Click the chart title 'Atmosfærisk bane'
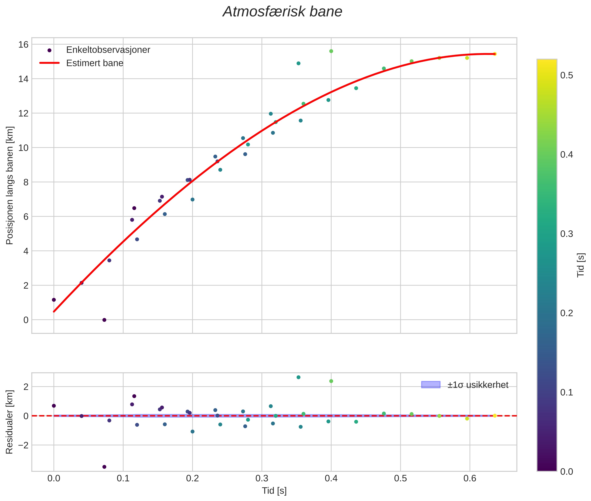coord(282,12)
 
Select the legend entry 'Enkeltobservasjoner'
coord(108,50)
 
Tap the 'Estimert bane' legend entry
coord(95,63)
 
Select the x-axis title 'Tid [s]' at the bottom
coord(274,491)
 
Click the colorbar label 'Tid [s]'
coord(581,265)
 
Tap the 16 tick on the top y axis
coord(24,45)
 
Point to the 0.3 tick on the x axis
coord(262,478)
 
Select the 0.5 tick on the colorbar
coord(566,76)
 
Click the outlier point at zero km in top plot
coord(104,320)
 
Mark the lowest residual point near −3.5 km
coord(104,467)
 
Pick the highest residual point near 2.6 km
coord(298,377)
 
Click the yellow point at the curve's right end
coord(495,54)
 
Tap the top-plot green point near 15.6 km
coord(331,51)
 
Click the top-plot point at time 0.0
coord(54,300)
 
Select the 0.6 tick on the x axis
coord(470,478)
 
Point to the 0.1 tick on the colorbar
coord(566,392)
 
